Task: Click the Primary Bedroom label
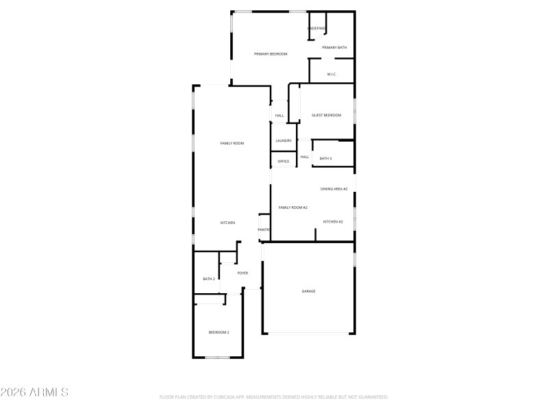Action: (x=271, y=53)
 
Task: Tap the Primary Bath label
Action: (x=334, y=47)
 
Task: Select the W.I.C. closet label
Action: (x=332, y=74)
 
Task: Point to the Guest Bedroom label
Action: (x=326, y=115)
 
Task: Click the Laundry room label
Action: (x=284, y=140)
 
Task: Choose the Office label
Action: (x=283, y=161)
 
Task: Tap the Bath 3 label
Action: (x=325, y=158)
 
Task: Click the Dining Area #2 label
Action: (x=334, y=188)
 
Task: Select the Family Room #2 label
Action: (x=292, y=207)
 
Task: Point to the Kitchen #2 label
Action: (x=333, y=222)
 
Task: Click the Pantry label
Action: (x=264, y=229)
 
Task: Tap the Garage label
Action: (x=309, y=291)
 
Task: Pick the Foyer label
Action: (x=242, y=273)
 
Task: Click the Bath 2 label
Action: (x=209, y=279)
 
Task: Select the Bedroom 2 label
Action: (x=219, y=332)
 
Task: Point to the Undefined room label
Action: (x=316, y=28)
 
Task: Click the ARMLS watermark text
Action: (x=34, y=393)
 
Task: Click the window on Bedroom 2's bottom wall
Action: (x=217, y=357)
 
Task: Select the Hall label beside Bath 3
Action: (x=305, y=157)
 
